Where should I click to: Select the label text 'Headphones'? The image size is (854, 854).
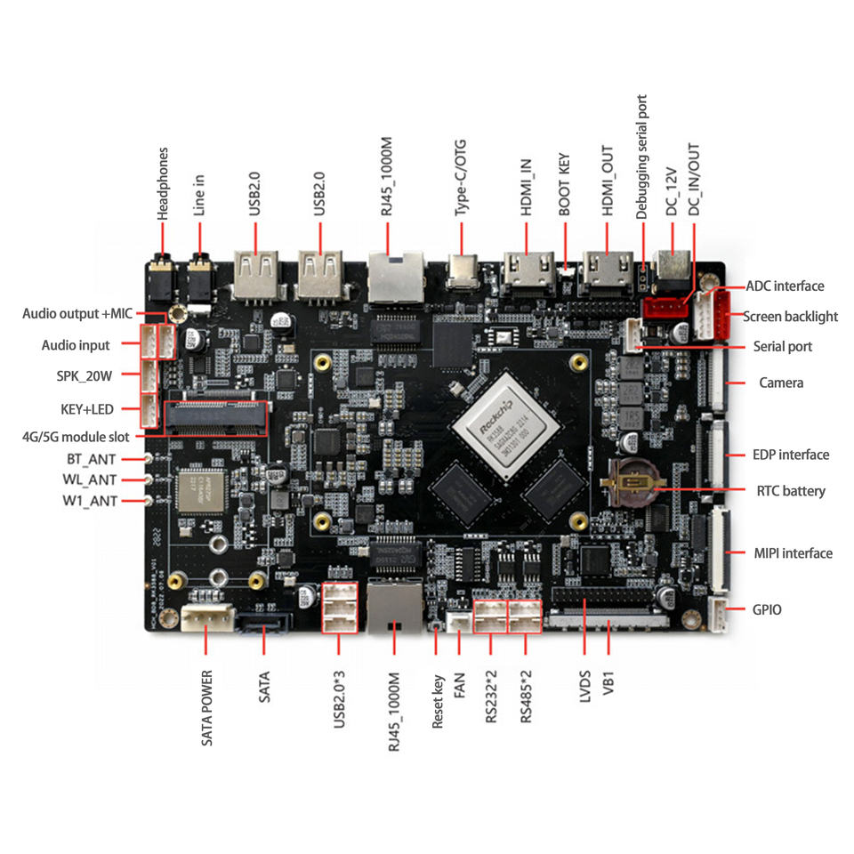(163, 184)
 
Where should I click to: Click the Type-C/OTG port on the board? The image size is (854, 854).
(462, 272)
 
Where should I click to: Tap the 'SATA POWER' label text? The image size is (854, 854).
(206, 706)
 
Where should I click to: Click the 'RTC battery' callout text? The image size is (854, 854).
(790, 491)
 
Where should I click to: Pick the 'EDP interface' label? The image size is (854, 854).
(790, 455)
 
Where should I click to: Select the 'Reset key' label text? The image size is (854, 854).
(438, 700)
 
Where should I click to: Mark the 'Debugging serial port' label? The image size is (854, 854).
(641, 157)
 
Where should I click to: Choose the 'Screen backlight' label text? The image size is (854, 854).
(790, 316)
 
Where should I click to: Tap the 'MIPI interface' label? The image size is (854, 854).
(793, 553)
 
